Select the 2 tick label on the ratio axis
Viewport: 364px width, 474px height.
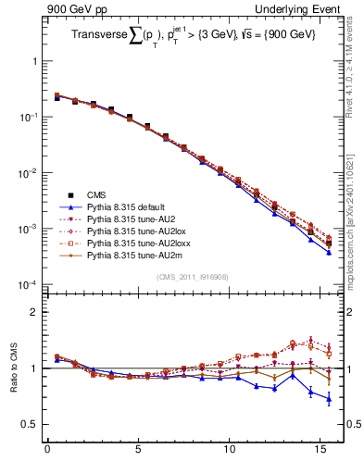(35, 312)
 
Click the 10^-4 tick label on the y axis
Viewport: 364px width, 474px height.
(28, 284)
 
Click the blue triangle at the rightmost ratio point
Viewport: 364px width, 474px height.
(329, 399)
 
